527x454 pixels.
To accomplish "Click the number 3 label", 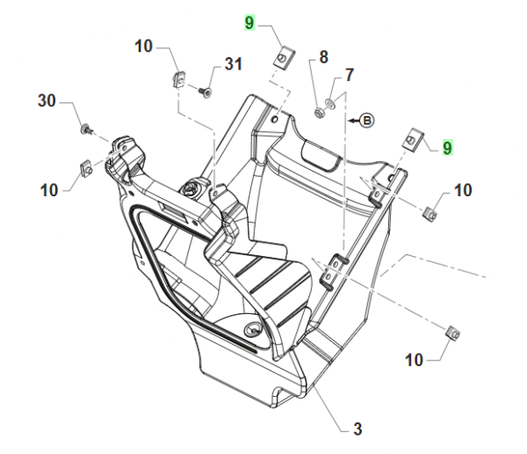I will coord(357,429).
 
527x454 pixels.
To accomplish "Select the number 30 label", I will coord(47,102).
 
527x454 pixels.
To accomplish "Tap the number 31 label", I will coord(232,64).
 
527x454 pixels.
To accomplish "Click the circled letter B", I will coord(367,119).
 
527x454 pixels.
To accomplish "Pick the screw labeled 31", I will coord(205,91).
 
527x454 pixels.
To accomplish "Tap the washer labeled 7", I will coord(328,105).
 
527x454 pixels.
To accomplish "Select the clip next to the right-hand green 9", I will coord(413,141).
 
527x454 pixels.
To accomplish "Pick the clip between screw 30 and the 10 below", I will coord(87,165).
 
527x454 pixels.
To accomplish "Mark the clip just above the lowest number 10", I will coord(455,333).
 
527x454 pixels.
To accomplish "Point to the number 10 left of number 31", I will coord(144,48).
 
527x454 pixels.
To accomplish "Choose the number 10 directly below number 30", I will coord(48,188).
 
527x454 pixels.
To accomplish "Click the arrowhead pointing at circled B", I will coord(352,119).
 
